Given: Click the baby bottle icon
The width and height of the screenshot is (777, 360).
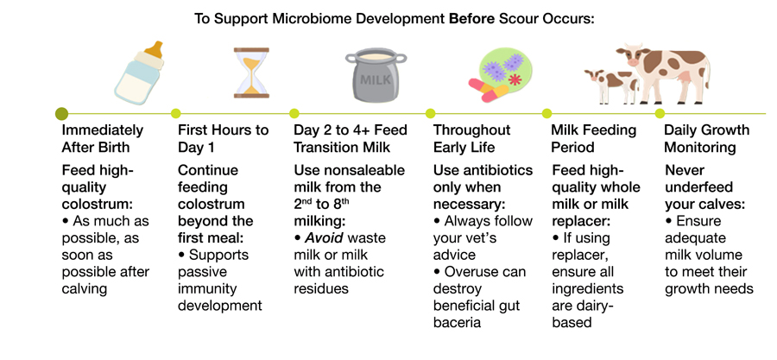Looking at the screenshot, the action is coord(139,73).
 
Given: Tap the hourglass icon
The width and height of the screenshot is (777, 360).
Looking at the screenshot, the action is coord(251,73).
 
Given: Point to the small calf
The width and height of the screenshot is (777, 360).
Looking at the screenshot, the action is coord(611,85).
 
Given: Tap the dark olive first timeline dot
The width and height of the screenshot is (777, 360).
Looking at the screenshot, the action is coord(61,113).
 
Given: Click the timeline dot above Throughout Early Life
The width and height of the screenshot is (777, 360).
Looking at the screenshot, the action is coord(430,113).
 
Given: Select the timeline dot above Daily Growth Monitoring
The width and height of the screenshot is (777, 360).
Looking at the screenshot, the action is coord(660,113).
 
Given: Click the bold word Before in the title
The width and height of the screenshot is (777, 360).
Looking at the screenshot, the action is coord(471,19).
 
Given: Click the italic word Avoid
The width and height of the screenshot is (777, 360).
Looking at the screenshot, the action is coord(324,238).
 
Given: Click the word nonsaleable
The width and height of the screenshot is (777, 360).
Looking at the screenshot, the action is coord(364,170).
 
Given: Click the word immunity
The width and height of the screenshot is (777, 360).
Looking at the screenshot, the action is coord(207,288).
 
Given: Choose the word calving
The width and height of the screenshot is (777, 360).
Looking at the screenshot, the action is coord(85,288).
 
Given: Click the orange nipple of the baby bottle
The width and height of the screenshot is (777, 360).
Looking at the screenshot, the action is coord(155,49).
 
